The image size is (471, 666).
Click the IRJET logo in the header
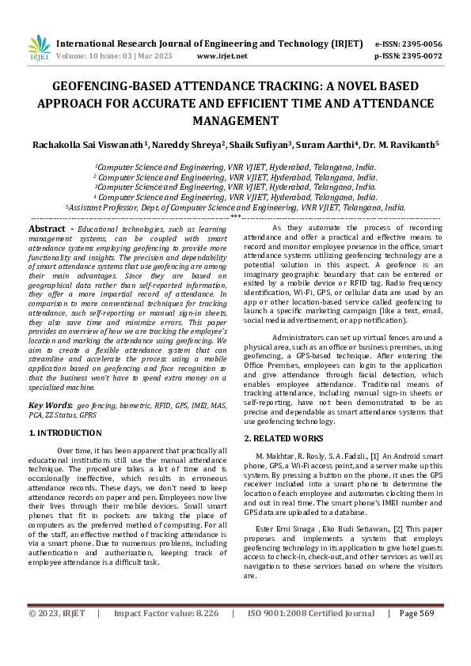(38, 47)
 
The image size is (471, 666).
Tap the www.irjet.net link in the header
(222, 56)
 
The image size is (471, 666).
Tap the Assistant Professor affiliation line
(235, 206)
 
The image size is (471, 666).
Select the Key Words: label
(51, 404)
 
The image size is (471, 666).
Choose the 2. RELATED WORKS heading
(283, 437)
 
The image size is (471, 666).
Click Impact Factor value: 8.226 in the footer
(165, 635)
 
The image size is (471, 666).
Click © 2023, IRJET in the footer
(55, 635)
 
